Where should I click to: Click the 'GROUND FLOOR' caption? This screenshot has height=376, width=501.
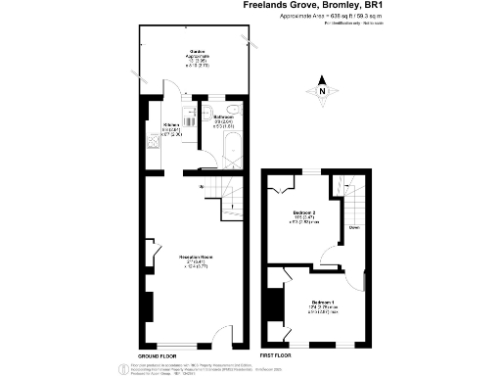(156, 354)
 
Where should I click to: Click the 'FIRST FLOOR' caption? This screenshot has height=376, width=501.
(276, 354)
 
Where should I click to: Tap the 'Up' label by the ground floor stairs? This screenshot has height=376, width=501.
(201, 186)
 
